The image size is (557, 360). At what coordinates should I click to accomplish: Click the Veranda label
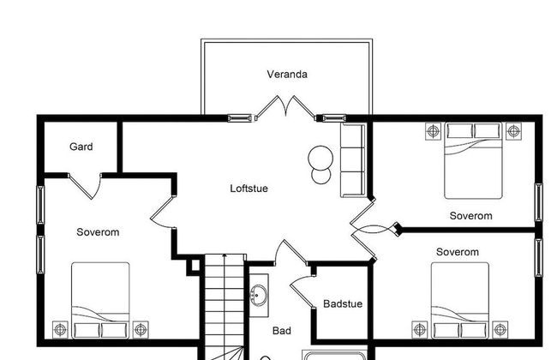pos(287,75)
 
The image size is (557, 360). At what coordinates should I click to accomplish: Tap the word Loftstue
pos(249,189)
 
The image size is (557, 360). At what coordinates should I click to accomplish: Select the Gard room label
pos(81,147)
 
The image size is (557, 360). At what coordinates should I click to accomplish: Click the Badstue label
pos(343,303)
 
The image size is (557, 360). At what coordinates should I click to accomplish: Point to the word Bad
pos(282,331)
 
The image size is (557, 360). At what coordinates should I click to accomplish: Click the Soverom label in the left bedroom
pos(98,232)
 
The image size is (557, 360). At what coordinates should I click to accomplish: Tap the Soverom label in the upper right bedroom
pos(471,216)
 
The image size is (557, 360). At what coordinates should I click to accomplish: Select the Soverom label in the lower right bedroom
pos(458,252)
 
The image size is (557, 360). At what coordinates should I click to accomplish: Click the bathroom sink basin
pos(259,295)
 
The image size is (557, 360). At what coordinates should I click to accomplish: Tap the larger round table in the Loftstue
pos(320,158)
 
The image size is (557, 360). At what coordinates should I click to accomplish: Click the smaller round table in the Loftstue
pos(320,175)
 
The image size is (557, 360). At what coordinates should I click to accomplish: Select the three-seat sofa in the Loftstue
pos(353,160)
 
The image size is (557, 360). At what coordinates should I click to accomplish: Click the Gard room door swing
pos(85,186)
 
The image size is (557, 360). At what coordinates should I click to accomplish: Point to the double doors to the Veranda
pos(285,106)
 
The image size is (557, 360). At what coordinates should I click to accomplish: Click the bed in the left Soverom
pos(100,300)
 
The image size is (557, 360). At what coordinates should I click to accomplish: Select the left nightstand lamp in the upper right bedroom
pos(433,131)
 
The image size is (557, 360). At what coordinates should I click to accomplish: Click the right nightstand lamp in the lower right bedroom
pos(500,329)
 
